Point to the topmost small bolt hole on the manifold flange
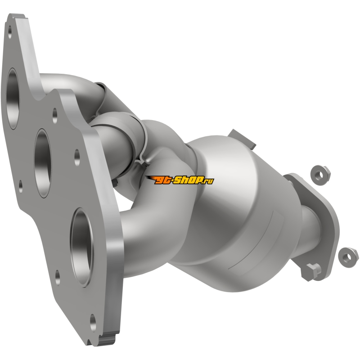point(9,31)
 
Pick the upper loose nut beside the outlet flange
point(320,175)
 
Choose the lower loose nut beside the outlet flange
point(348,257)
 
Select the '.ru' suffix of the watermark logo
point(208,181)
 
